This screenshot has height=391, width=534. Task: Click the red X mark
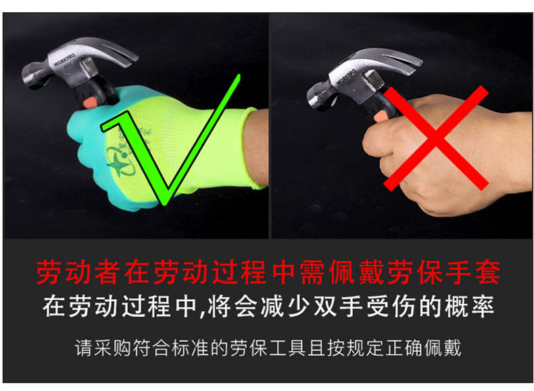tap(436, 138)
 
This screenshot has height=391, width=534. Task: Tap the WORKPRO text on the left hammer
tap(64, 60)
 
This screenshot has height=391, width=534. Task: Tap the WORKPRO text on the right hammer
tap(346, 77)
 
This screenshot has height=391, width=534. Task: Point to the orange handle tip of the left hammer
tap(90, 102)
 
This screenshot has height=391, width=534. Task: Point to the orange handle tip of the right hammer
tap(381, 117)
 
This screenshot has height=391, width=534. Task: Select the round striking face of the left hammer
tap(30, 76)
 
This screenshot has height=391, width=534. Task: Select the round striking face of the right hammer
tap(314, 98)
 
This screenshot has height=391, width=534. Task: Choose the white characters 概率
tap(469, 307)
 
